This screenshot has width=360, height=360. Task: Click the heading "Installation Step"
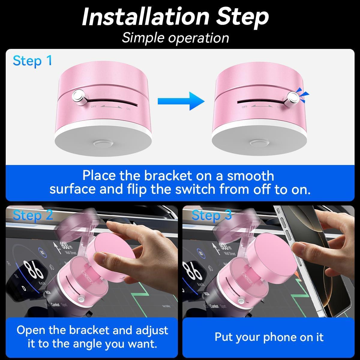(175, 17)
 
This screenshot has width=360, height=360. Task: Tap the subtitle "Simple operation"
(175, 38)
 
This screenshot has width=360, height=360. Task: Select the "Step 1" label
(32, 61)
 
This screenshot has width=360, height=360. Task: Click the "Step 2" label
(33, 215)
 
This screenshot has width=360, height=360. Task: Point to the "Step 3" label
(211, 215)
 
